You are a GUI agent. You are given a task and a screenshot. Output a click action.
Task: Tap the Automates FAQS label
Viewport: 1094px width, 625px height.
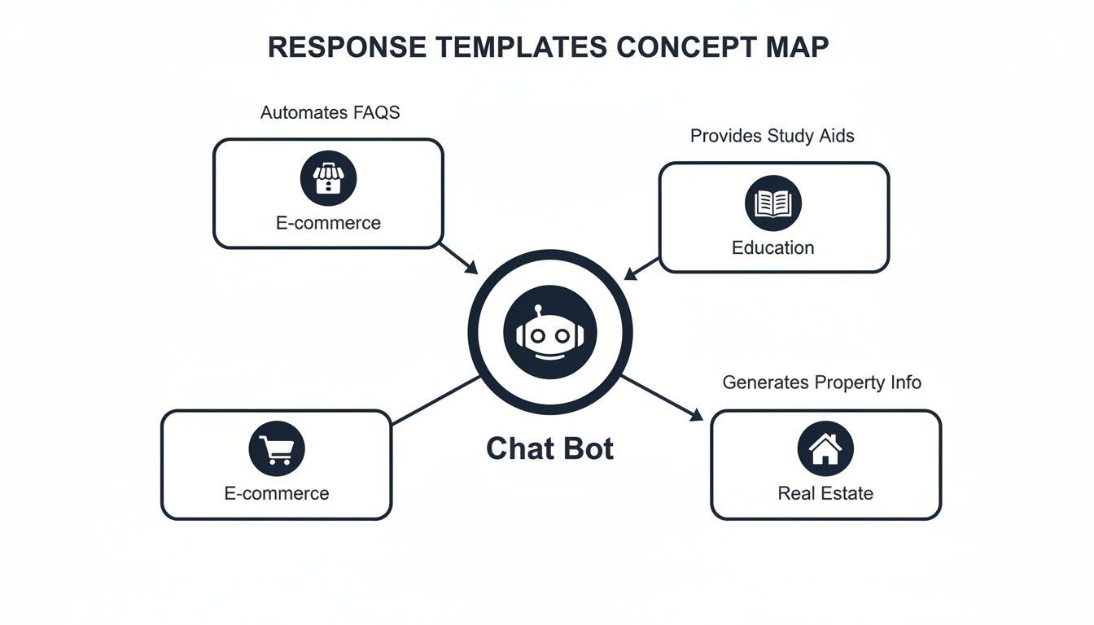click(x=330, y=112)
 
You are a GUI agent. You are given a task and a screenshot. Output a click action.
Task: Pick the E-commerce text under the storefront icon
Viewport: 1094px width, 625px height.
click(x=328, y=222)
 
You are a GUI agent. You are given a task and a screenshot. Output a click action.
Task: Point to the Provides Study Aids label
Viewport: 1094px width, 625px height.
click(x=772, y=136)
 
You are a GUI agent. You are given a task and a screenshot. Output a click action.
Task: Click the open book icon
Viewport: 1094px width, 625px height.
click(x=772, y=203)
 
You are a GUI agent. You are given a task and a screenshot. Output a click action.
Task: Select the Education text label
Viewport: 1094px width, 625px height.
click(x=772, y=247)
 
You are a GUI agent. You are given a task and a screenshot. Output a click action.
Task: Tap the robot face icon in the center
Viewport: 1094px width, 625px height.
click(x=549, y=332)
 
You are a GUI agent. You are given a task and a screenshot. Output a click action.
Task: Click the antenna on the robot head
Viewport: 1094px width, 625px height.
click(x=539, y=310)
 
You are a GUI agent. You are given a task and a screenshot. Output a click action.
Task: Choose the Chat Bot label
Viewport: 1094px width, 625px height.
click(x=549, y=448)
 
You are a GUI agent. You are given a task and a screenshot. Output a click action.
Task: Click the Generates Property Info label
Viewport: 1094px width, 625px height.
click(x=821, y=382)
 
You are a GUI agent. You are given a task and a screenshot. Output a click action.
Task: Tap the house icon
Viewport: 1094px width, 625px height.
click(x=825, y=448)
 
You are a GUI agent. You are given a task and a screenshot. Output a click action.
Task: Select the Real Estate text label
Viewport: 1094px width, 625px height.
click(x=825, y=493)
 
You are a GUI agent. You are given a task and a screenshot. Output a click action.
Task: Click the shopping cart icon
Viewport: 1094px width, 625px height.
click(x=276, y=448)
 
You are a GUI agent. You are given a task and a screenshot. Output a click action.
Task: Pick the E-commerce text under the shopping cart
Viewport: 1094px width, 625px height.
click(x=276, y=493)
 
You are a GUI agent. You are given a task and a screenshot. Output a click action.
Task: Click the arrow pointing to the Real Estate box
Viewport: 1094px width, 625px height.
click(x=663, y=399)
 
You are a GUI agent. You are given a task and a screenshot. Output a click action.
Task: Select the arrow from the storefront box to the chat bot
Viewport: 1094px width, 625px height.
click(x=459, y=258)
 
